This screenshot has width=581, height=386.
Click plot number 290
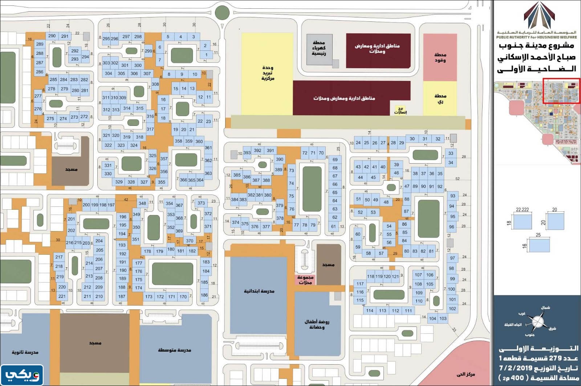[52, 36]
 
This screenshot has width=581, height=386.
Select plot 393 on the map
[247, 153]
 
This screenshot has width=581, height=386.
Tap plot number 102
[452, 309]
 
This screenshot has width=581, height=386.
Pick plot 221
[62, 296]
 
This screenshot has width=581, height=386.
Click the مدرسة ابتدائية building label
[259, 291]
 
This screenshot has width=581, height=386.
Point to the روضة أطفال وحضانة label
[317, 324]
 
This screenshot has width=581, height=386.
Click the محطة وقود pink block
[440, 57]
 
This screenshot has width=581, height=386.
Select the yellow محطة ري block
[440, 99]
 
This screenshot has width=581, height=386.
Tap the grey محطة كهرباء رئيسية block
[319, 48]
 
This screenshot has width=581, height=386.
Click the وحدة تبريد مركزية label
[268, 73]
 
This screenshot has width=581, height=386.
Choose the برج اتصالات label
[400, 110]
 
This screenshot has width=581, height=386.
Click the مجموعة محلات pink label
[305, 280]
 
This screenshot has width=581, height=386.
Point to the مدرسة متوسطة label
[174, 350]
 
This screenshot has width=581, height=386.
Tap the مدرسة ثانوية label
[25, 352]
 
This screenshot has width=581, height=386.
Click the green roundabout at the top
[222, 13]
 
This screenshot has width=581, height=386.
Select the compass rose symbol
[537, 322]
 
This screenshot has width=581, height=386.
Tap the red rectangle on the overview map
[561, 91]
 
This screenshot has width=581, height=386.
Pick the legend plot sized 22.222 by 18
[523, 222]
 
